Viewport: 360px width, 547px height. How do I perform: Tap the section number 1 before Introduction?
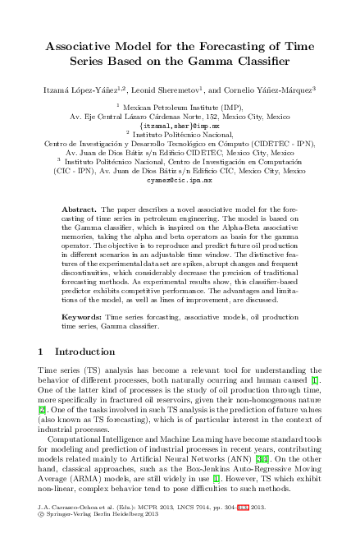[42, 352]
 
